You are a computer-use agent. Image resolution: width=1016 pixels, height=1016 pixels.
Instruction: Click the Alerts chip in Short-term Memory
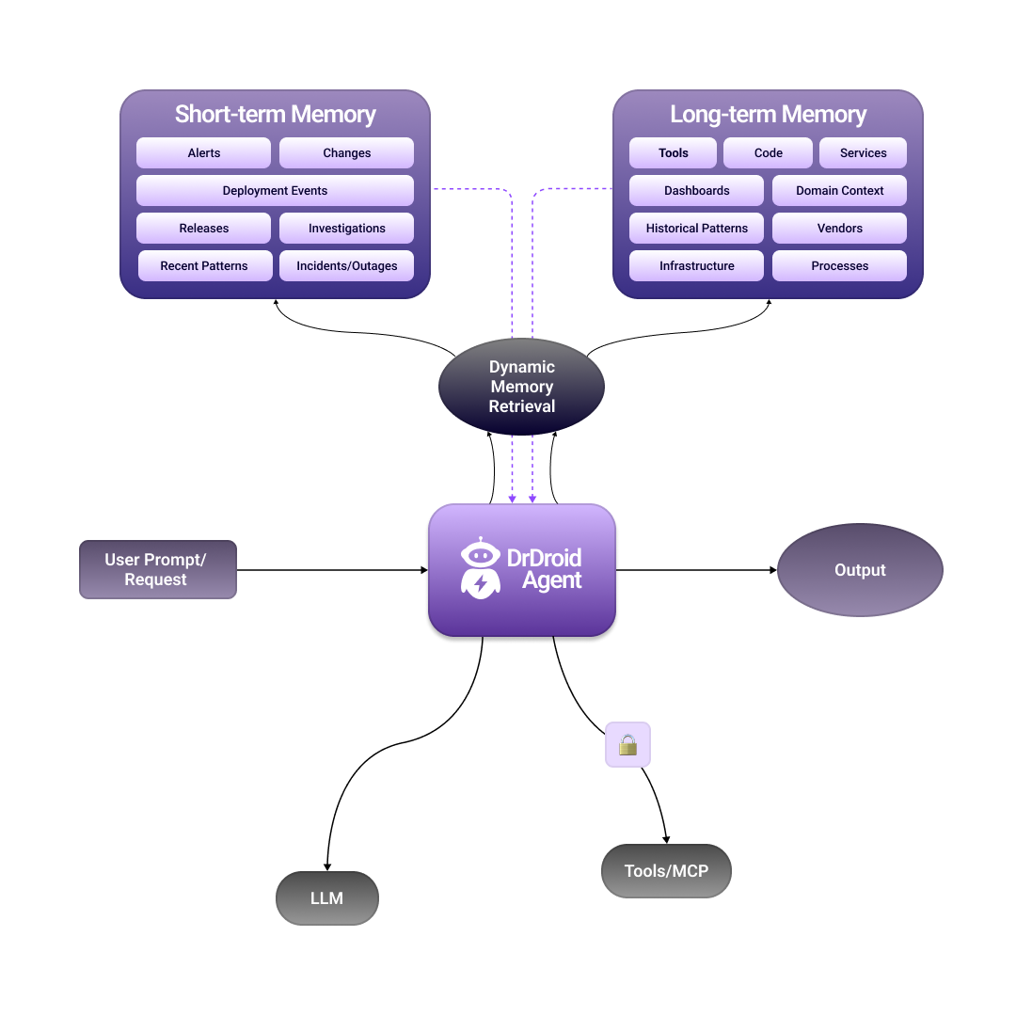(203, 153)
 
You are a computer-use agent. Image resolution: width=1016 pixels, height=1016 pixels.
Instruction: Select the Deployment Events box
(275, 191)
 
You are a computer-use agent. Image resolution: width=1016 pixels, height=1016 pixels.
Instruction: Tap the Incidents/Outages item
(346, 266)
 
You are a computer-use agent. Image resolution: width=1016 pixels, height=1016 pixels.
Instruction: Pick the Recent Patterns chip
(204, 266)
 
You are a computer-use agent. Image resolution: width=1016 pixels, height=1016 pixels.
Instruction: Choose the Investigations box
(346, 229)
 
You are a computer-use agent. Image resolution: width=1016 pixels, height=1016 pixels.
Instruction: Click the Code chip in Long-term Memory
(768, 153)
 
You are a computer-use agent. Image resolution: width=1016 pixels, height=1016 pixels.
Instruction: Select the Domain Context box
(839, 191)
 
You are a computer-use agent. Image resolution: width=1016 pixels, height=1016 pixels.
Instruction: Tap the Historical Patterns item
(696, 229)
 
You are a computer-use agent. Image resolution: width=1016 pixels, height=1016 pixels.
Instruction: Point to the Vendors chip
(839, 229)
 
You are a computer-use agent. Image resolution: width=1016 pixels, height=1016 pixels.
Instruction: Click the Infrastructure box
(696, 266)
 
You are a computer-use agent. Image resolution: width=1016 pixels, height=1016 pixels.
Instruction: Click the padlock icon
(627, 745)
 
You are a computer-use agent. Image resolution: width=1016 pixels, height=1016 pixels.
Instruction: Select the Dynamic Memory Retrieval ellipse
(521, 387)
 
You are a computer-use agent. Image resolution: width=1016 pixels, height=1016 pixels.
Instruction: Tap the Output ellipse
(860, 570)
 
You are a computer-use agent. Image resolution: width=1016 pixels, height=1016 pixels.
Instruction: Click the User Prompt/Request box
(157, 570)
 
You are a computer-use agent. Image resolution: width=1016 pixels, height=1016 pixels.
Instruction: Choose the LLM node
(326, 898)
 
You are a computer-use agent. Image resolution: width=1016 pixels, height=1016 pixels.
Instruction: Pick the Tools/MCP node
(666, 871)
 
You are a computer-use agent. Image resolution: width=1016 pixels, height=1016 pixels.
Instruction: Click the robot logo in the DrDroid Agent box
(481, 568)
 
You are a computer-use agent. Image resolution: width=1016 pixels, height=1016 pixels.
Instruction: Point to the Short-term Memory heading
(275, 115)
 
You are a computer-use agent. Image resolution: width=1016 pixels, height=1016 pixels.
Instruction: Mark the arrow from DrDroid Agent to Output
(696, 570)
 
